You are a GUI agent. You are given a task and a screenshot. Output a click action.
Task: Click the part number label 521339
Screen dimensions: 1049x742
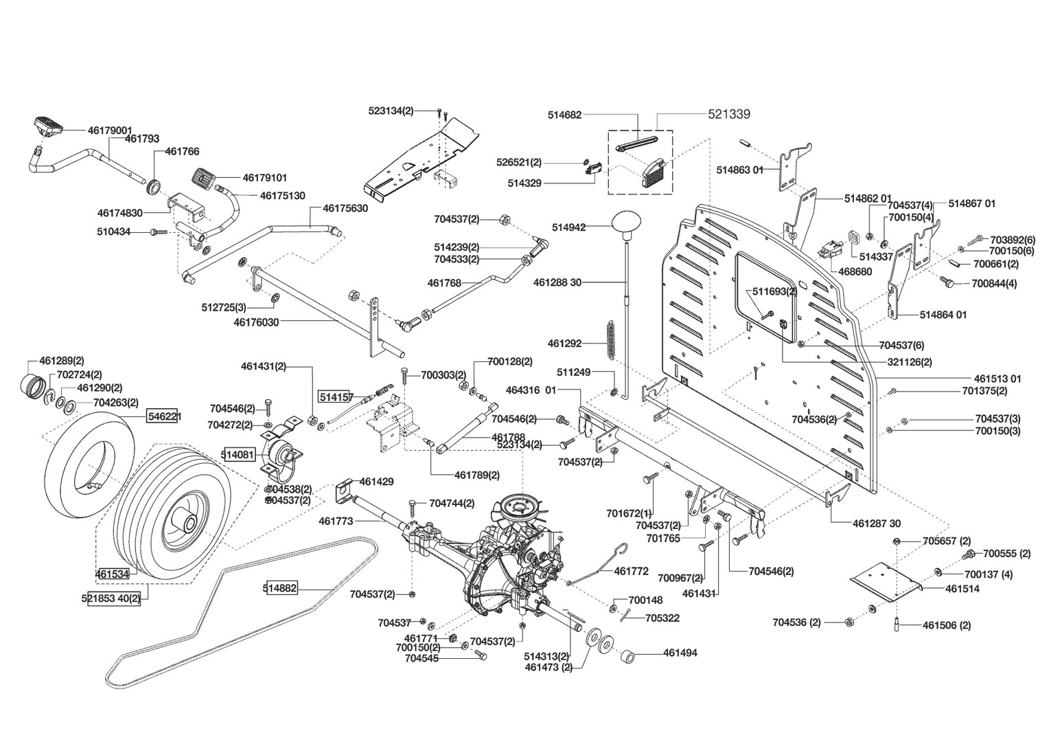[728, 114]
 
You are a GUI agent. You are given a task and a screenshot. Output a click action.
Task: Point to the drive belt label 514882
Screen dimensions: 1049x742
[280, 588]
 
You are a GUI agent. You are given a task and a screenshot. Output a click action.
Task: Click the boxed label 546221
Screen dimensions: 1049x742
[162, 416]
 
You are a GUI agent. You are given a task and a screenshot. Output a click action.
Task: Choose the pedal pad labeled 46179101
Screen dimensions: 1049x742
[203, 178]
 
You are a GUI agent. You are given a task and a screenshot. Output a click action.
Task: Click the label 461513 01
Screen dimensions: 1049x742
[998, 379]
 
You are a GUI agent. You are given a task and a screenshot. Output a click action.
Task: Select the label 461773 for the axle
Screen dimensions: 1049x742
[336, 521]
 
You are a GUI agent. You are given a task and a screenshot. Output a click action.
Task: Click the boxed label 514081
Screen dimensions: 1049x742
[239, 455]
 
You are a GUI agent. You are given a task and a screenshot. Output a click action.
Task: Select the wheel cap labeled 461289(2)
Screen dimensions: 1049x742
[34, 385]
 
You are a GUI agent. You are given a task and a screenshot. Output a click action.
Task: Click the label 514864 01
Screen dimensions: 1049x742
[943, 315]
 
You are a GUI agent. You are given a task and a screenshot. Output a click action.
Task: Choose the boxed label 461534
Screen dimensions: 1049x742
[113, 574]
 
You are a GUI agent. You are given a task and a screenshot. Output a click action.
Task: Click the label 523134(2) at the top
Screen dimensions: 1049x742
[391, 111]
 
